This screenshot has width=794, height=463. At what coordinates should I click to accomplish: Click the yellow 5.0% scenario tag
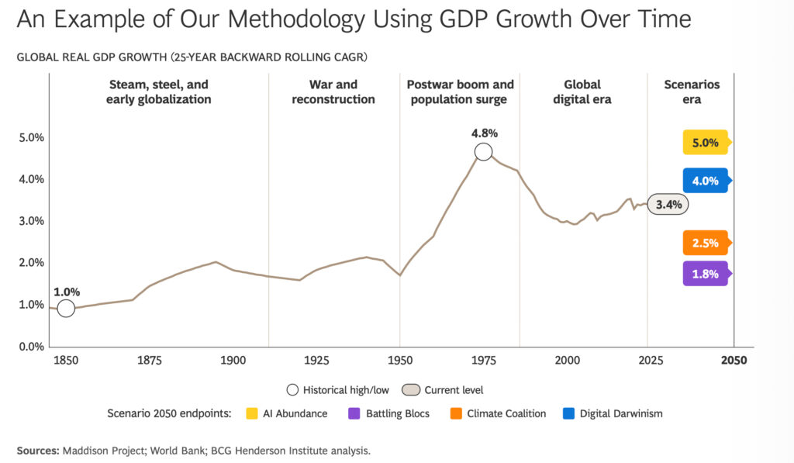(705, 143)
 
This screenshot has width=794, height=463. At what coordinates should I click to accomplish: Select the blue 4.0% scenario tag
(705, 181)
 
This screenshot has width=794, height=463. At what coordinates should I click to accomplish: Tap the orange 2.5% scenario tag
(705, 243)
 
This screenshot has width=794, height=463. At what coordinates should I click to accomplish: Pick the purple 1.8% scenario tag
(705, 274)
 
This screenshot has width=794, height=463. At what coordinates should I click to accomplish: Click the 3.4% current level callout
(668, 205)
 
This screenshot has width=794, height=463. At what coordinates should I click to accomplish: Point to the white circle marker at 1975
(484, 152)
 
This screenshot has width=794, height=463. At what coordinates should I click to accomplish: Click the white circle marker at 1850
(66, 308)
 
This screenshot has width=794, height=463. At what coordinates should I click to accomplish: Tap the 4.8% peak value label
(484, 133)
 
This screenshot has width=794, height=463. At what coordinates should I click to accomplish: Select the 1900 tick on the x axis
(233, 360)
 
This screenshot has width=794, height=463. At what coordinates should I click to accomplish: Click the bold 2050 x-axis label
(734, 360)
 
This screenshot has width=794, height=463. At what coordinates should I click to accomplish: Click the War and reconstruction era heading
(333, 92)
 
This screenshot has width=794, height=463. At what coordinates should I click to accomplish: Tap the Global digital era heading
(582, 92)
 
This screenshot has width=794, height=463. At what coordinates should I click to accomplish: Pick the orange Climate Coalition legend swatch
(454, 413)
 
